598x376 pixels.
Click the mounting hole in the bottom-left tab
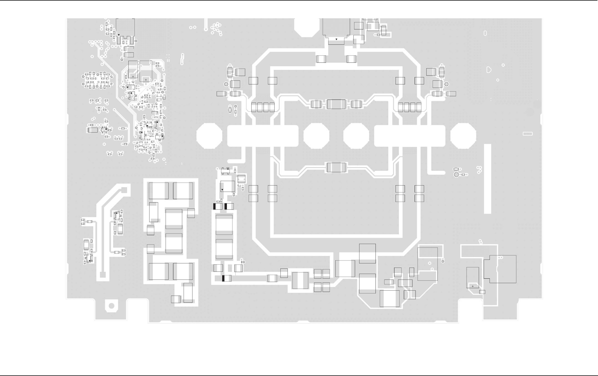(112, 306)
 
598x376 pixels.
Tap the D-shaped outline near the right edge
(489, 70)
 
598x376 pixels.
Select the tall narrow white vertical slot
(487, 179)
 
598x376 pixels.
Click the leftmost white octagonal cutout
(209, 136)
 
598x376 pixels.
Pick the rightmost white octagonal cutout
(463, 136)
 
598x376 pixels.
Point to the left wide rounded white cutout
(263, 136)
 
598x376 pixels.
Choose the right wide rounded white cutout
(410, 136)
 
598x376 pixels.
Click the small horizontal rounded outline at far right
(528, 134)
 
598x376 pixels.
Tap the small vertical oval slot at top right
(485, 33)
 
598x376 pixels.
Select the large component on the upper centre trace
(336, 104)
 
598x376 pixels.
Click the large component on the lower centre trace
(336, 167)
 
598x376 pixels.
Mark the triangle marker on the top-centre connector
(336, 39)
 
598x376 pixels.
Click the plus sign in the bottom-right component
(473, 286)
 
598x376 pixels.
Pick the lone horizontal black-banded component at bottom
(227, 278)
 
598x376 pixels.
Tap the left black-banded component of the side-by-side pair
(218, 207)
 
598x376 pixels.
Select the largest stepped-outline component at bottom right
(500, 269)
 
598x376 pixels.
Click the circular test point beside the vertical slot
(456, 174)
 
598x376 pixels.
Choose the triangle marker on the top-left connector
(119, 35)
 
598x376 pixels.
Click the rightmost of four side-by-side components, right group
(419, 107)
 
